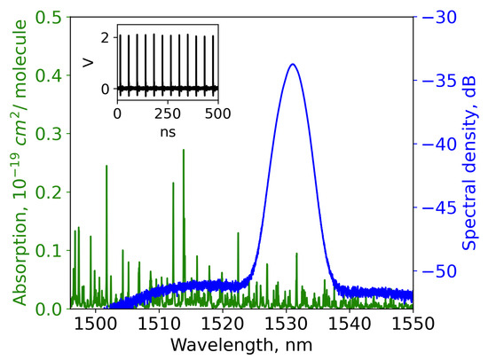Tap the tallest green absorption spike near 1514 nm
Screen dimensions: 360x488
coord(184,151)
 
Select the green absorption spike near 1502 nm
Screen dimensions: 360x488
coord(106,166)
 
